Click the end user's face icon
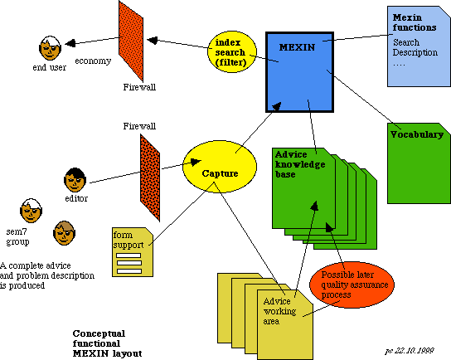click(50, 48)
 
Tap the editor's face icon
click(75, 180)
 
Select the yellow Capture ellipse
click(220, 167)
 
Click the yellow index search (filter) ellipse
click(232, 51)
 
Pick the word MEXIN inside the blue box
click(297, 47)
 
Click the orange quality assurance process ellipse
click(352, 285)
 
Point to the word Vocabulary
click(417, 134)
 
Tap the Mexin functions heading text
click(415, 22)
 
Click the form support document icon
click(133, 252)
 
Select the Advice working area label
click(279, 311)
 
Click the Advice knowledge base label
click(300, 164)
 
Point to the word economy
click(93, 61)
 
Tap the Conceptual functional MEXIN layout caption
click(107, 343)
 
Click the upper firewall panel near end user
click(131, 41)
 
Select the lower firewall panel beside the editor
click(150, 178)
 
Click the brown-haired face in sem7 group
click(65, 233)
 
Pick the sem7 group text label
click(18, 236)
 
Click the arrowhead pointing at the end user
click(70, 43)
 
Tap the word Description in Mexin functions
click(415, 52)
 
